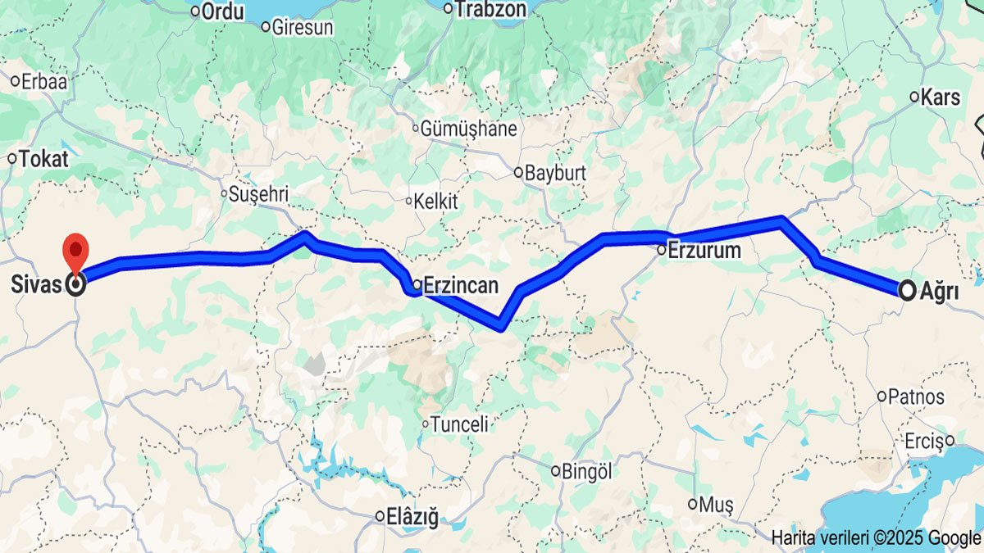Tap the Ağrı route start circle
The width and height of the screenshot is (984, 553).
(908, 290)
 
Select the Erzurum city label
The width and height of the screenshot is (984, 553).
(704, 250)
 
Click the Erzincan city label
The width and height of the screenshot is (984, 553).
(462, 285)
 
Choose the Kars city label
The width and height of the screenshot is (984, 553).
(940, 97)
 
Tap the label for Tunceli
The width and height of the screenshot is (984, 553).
(459, 424)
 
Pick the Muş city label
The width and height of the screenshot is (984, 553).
(716, 504)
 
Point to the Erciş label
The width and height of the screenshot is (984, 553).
(924, 441)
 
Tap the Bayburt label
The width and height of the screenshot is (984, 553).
(555, 173)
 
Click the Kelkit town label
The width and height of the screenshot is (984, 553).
(435, 201)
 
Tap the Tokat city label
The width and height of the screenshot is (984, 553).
(43, 159)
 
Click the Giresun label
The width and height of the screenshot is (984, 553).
(302, 27)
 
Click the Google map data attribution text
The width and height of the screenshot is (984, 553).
(875, 538)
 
